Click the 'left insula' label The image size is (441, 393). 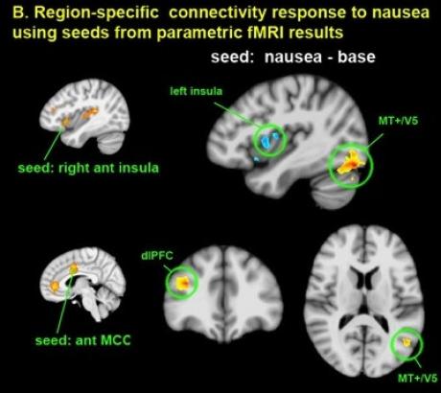(x=196, y=91)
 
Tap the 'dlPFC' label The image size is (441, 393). (x=157, y=256)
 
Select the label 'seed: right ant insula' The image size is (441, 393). (x=88, y=168)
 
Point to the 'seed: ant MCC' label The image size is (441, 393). (x=83, y=340)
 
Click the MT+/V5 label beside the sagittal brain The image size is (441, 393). (x=398, y=121)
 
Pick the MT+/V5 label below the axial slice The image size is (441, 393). (x=417, y=379)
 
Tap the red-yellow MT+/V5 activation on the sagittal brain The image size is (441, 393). (x=351, y=163)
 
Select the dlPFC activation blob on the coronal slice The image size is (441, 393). (x=183, y=283)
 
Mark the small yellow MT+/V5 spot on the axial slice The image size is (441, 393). (x=406, y=342)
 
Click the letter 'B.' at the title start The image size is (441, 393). (x=21, y=12)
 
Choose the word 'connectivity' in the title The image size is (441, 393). (x=218, y=13)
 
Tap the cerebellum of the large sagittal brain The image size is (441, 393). (x=333, y=193)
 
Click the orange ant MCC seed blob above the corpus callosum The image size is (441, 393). (x=74, y=268)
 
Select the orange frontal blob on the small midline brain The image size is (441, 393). (x=55, y=286)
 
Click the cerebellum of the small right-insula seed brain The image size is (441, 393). (x=110, y=143)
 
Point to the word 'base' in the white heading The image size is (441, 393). (x=357, y=57)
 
